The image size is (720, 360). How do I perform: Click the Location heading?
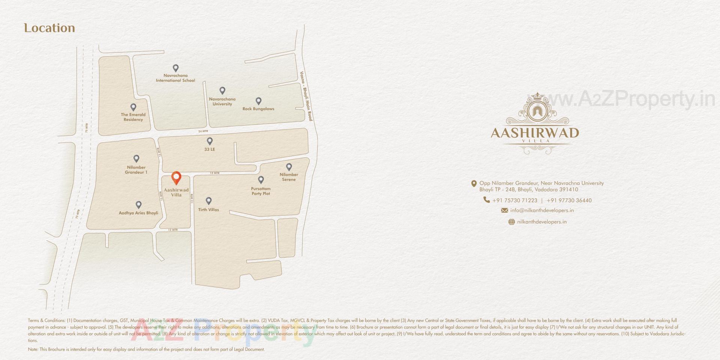click(x=49, y=28)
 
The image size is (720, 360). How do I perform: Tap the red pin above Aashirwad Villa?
click(x=176, y=177)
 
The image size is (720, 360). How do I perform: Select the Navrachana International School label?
click(x=175, y=78)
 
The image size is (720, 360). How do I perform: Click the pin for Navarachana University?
click(x=222, y=90)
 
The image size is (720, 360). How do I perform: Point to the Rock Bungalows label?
click(x=258, y=109)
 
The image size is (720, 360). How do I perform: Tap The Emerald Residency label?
click(x=133, y=117)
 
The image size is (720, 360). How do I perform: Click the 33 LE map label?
click(x=210, y=149)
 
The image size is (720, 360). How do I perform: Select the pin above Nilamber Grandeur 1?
click(x=136, y=159)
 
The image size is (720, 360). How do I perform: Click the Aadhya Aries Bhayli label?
click(x=138, y=213)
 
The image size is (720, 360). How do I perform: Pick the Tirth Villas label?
click(x=208, y=210)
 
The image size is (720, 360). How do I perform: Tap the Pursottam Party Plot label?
click(x=261, y=191)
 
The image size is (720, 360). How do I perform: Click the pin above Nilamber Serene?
click(x=289, y=166)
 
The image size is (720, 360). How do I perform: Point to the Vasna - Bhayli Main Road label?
click(x=306, y=96)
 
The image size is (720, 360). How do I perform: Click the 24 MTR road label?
click(x=203, y=131)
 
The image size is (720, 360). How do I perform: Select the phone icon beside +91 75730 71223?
click(x=486, y=200)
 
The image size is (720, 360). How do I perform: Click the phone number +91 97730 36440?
click(x=569, y=201)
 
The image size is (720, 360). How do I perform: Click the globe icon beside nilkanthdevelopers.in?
click(x=511, y=222)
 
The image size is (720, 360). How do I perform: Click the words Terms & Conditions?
click(x=46, y=321)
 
